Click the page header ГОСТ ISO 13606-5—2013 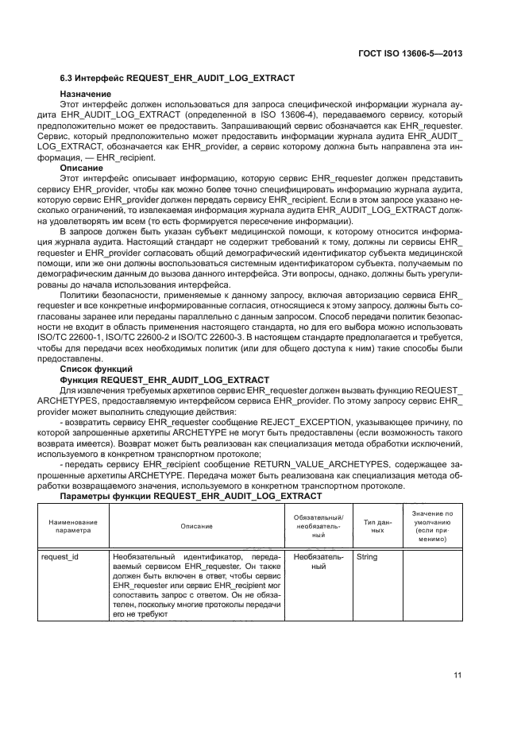411,53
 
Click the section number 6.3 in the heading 68,79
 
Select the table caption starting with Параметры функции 191,496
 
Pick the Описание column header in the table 196,527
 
